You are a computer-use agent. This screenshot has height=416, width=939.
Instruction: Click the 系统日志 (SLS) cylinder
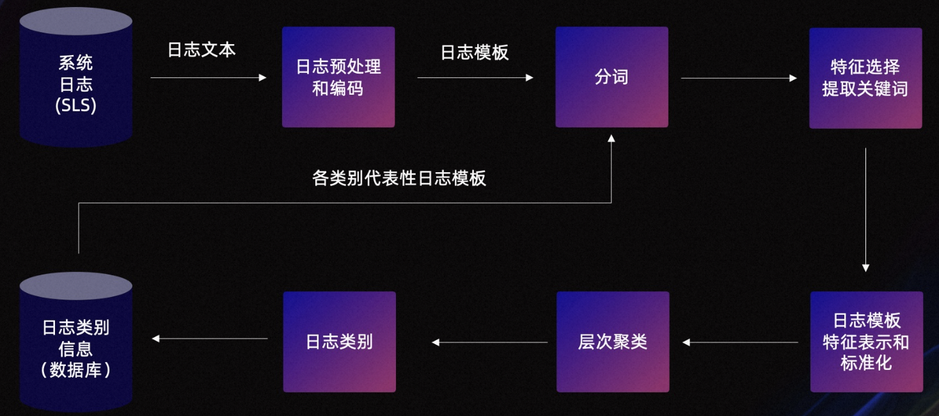click(76, 77)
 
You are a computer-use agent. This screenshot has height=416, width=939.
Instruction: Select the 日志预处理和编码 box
click(338, 77)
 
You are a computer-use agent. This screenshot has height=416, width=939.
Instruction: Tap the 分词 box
click(612, 77)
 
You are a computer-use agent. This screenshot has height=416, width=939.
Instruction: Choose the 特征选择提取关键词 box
click(865, 78)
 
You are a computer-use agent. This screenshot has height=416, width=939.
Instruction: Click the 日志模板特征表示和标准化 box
click(867, 342)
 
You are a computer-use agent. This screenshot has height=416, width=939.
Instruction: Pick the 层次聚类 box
click(612, 342)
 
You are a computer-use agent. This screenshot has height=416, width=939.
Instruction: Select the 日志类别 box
click(339, 342)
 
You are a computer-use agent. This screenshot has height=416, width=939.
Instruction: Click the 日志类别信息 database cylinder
click(76, 342)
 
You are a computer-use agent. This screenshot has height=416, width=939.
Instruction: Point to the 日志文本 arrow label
click(201, 50)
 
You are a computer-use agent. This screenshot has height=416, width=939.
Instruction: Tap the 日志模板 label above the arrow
click(475, 52)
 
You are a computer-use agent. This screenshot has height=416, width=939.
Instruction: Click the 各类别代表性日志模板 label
click(399, 178)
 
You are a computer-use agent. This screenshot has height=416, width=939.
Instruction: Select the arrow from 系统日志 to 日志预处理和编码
click(209, 77)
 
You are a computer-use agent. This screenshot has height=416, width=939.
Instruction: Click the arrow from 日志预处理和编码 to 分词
click(475, 77)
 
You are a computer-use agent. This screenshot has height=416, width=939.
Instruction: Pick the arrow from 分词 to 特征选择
click(739, 78)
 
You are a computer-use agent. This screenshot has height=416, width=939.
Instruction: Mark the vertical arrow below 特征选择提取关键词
click(865, 210)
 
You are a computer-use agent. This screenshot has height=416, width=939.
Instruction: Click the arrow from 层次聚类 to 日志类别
click(489, 342)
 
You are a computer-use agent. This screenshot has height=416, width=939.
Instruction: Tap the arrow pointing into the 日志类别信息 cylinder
click(210, 339)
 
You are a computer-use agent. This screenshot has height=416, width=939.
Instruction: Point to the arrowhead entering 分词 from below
click(612, 138)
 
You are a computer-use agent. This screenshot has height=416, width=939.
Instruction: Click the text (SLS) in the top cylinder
click(76, 105)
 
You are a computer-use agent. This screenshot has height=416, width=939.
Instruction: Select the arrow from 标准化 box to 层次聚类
click(740, 342)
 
